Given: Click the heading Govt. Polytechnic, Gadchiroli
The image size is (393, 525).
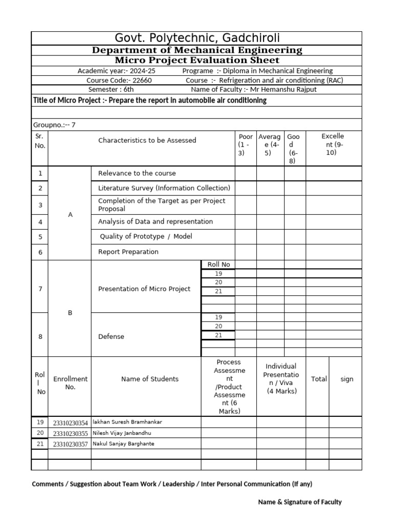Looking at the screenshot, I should [197, 38].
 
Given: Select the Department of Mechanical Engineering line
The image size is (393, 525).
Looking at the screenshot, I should [197, 50].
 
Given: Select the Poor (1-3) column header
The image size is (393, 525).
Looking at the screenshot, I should [246, 145].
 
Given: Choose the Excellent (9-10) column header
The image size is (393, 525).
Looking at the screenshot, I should [333, 144].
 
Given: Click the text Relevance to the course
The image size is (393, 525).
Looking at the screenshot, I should [137, 173].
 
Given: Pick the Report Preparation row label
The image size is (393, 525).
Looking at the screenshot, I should [128, 252].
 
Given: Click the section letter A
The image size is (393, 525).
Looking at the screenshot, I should [70, 215].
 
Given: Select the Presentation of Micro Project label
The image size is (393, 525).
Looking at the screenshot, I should [144, 289].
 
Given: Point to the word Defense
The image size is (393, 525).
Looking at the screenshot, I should [111, 336].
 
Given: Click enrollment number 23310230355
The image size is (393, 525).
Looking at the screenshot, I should [70, 433].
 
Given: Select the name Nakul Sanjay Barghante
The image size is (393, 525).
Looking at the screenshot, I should [123, 443].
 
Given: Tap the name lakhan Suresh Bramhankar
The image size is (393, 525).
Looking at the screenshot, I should [127, 422].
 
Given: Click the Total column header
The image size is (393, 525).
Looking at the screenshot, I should [319, 379].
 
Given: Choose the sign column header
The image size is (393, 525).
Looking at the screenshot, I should [347, 379].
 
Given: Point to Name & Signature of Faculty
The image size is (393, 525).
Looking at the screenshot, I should [299, 502].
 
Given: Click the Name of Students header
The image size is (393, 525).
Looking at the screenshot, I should [150, 379].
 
